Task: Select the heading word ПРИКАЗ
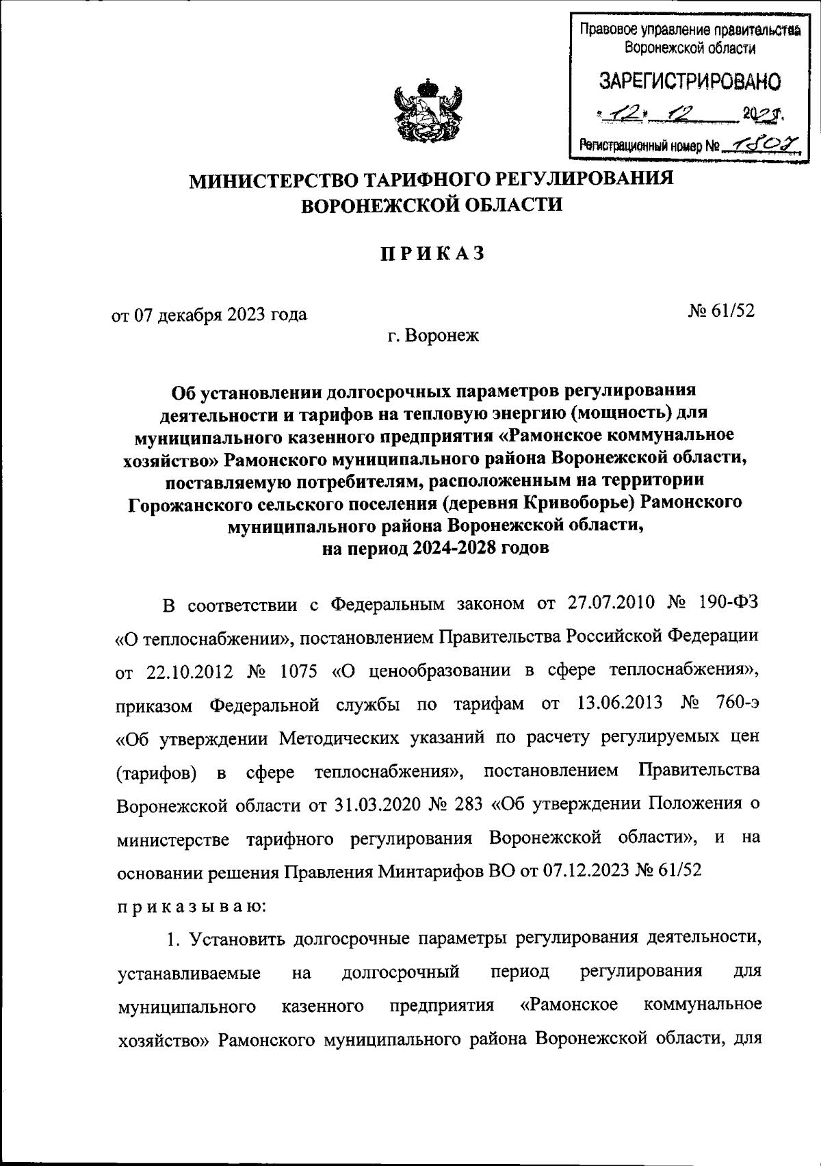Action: pyautogui.click(x=432, y=253)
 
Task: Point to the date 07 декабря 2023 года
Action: pyautogui.click(x=209, y=315)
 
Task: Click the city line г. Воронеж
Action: pyautogui.click(x=432, y=336)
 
